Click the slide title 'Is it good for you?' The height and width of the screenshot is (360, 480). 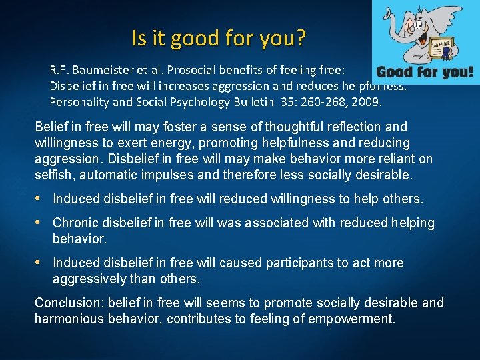[x=219, y=38]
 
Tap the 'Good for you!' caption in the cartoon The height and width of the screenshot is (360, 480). [x=425, y=72]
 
